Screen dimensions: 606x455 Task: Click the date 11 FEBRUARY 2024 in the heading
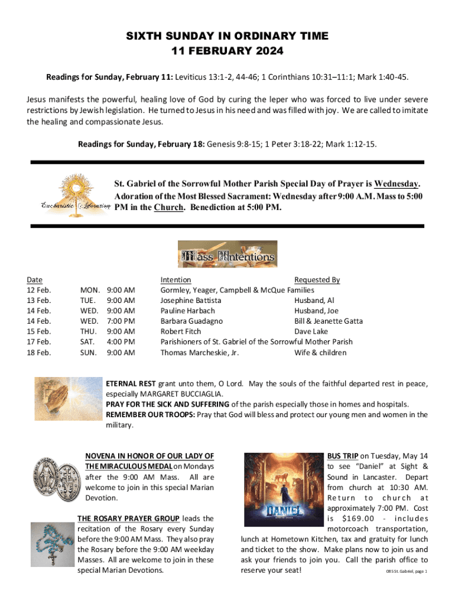(227, 51)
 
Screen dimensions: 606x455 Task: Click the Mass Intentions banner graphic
(227, 254)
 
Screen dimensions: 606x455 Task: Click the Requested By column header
(317, 279)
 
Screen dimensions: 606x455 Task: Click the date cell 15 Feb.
(39, 332)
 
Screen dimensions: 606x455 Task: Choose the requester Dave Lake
(311, 332)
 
